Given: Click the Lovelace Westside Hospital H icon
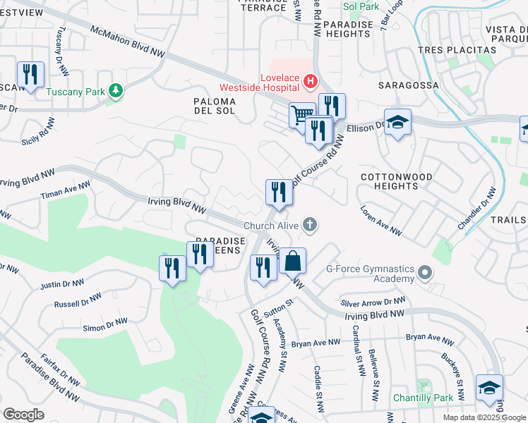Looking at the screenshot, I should coord(309,83).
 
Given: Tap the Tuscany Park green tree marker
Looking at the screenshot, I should coord(114,91).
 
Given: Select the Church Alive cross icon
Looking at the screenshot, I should coord(308,226).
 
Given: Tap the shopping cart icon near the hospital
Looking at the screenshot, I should coord(302,114).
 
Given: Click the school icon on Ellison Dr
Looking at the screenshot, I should coord(397,122).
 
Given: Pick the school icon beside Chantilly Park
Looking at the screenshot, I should coord(489,388).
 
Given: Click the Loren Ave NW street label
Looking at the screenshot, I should coord(381,221).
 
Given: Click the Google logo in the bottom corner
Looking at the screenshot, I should coord(23,415).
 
